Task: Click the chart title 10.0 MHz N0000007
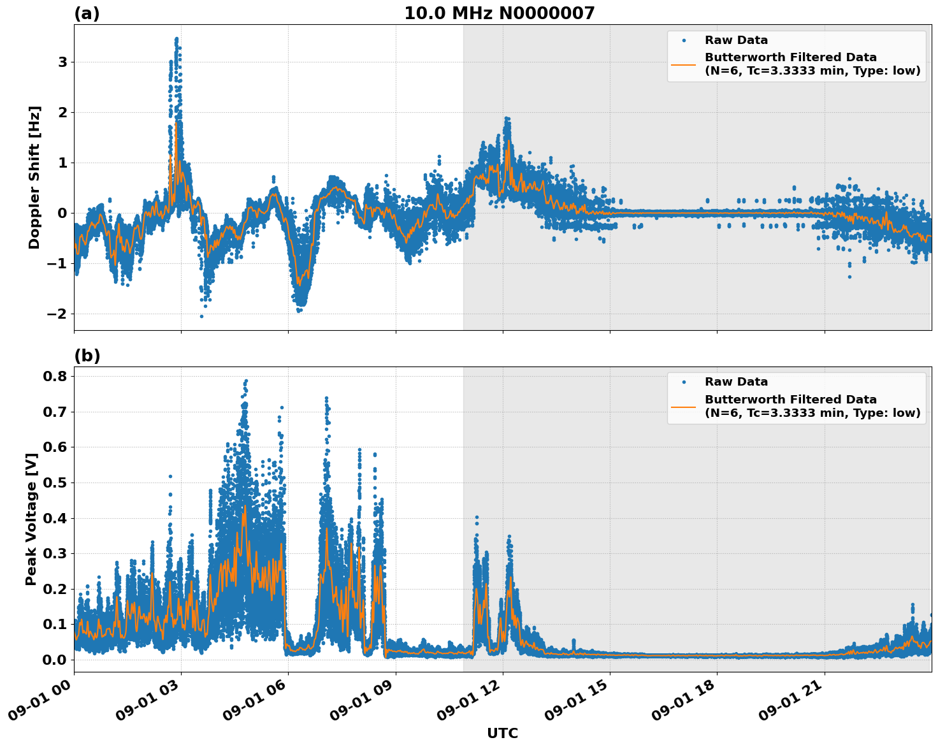499,13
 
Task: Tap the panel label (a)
87,13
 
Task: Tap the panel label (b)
87,356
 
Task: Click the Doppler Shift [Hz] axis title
34,177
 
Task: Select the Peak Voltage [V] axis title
31,519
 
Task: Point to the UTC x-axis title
502,733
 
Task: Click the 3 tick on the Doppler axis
63,62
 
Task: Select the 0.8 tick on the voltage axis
55,376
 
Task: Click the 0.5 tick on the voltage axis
55,482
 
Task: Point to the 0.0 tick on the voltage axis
55,660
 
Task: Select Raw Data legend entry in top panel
736,40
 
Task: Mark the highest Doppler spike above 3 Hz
177,39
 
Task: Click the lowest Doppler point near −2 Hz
201,316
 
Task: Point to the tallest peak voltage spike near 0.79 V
246,381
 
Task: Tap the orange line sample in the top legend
683,64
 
